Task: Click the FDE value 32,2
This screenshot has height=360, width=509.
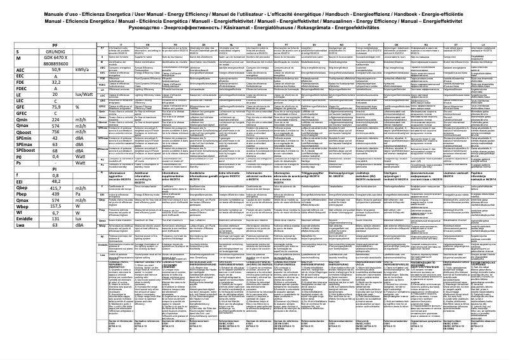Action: coord(56,82)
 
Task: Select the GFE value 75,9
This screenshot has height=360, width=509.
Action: coord(56,107)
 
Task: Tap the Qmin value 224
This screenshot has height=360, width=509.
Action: coord(56,119)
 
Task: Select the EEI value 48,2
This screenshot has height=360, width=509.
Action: coord(56,181)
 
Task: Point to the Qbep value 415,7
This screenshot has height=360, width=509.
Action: coord(56,187)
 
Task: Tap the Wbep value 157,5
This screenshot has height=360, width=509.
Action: coord(56,206)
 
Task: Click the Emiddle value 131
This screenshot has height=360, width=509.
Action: coord(56,218)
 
